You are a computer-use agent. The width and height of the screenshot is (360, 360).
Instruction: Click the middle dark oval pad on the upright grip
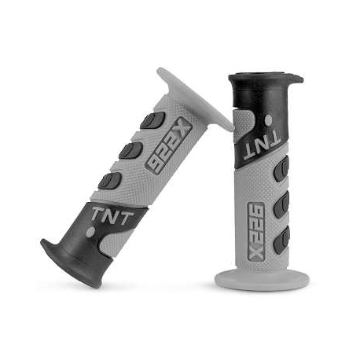pos(281,204)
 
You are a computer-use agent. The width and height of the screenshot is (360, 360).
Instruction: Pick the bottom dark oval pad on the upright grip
pos(281,237)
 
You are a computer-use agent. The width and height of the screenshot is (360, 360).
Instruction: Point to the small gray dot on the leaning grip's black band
pos(91,233)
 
